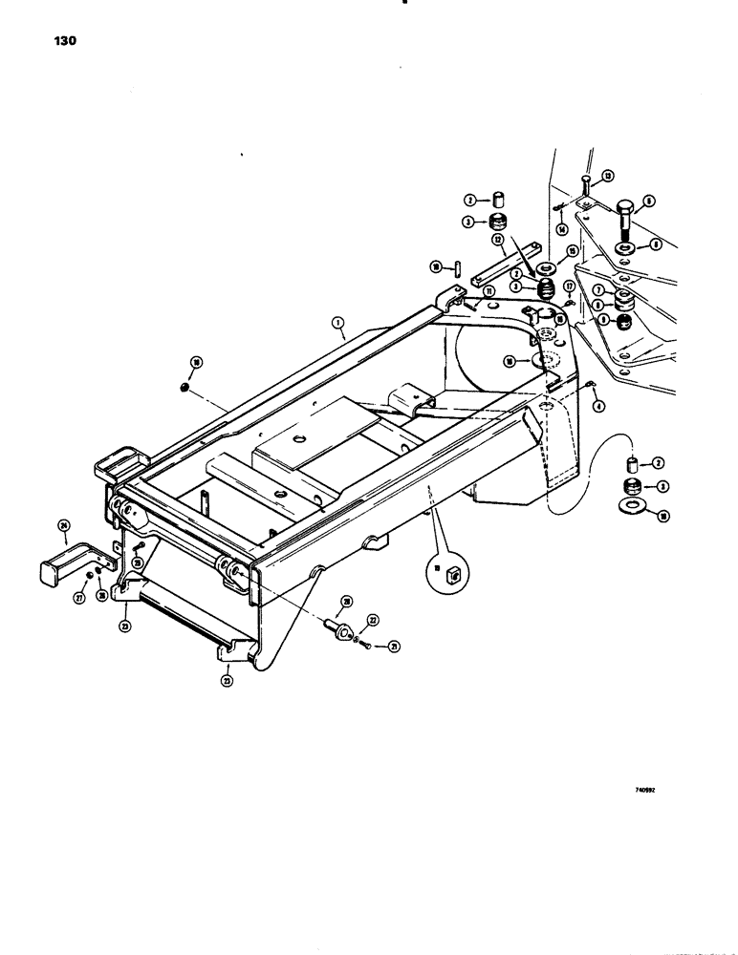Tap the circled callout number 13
pos(607,175)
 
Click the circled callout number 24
pos(64,525)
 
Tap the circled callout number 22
pos(374,620)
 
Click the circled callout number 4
pos(598,406)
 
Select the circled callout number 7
pos(597,290)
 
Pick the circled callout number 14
pos(561,228)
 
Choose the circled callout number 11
pos(461,290)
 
